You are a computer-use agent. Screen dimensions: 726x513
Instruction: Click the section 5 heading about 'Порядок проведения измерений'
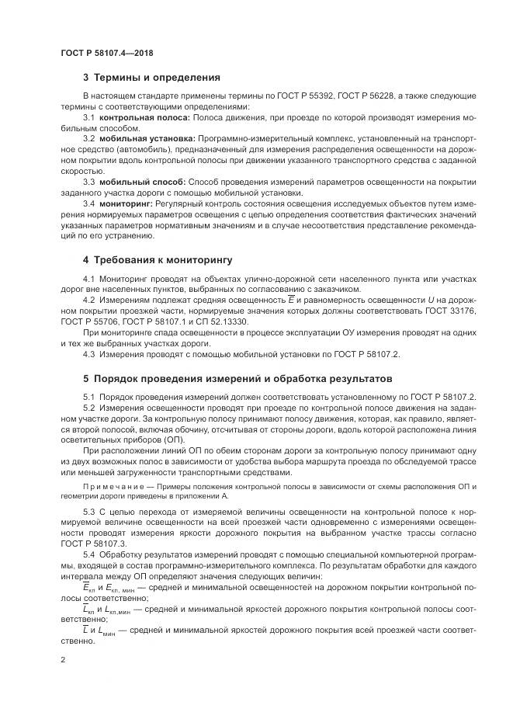(x=233, y=380)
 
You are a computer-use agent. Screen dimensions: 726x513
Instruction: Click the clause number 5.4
(x=88, y=556)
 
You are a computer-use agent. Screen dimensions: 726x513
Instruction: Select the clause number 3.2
(x=88, y=137)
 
